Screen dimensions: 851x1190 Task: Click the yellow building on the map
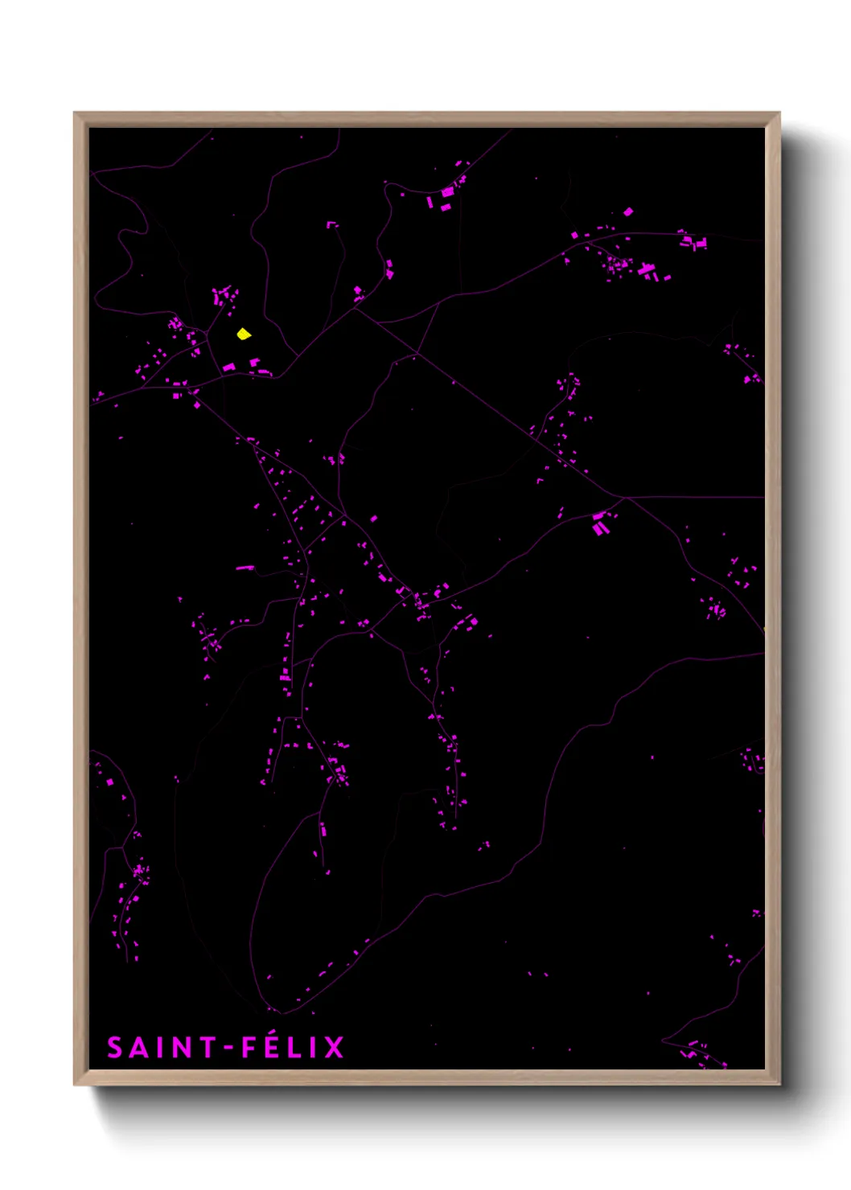[x=244, y=334]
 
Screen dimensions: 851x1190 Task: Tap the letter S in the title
[x=116, y=1048]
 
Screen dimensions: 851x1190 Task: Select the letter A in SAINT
[x=138, y=1048]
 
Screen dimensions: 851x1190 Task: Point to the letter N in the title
[x=181, y=1048]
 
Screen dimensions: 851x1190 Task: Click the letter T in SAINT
[x=206, y=1048]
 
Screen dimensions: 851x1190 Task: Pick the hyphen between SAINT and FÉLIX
[x=228, y=1048]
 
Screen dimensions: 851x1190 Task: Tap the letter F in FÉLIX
[x=249, y=1048]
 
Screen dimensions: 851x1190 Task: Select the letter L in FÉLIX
[x=294, y=1048]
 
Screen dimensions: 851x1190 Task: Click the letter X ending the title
[x=333, y=1048]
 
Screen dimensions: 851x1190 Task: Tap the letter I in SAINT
[x=159, y=1048]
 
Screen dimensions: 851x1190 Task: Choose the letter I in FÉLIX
[x=313, y=1048]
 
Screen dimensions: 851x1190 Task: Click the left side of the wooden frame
[x=80, y=599]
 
